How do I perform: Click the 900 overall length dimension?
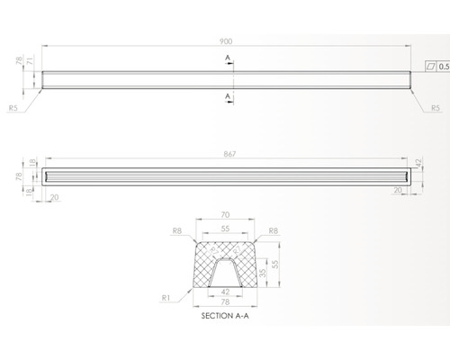click(x=226, y=41)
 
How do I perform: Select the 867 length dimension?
click(x=229, y=154)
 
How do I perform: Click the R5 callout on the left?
click(x=13, y=108)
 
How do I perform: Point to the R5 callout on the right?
click(x=436, y=108)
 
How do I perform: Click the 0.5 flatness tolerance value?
click(x=444, y=67)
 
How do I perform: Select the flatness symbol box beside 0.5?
click(x=431, y=67)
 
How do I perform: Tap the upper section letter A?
click(x=228, y=58)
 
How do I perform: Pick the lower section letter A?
click(x=228, y=96)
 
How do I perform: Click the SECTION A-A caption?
click(x=225, y=316)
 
